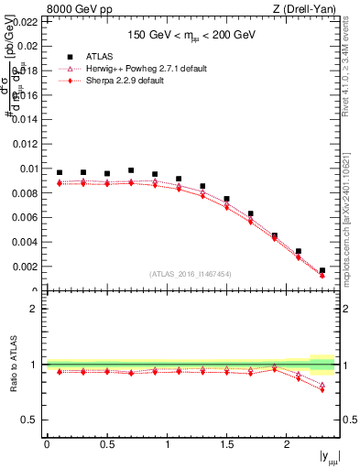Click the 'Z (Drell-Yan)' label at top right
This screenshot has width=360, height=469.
pos(305,9)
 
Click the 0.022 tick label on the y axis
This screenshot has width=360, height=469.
pos(26,20)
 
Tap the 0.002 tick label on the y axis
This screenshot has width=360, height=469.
pos(26,267)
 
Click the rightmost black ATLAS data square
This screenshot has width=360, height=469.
pos(322,270)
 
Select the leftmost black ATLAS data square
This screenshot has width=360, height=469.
pos(60,172)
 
